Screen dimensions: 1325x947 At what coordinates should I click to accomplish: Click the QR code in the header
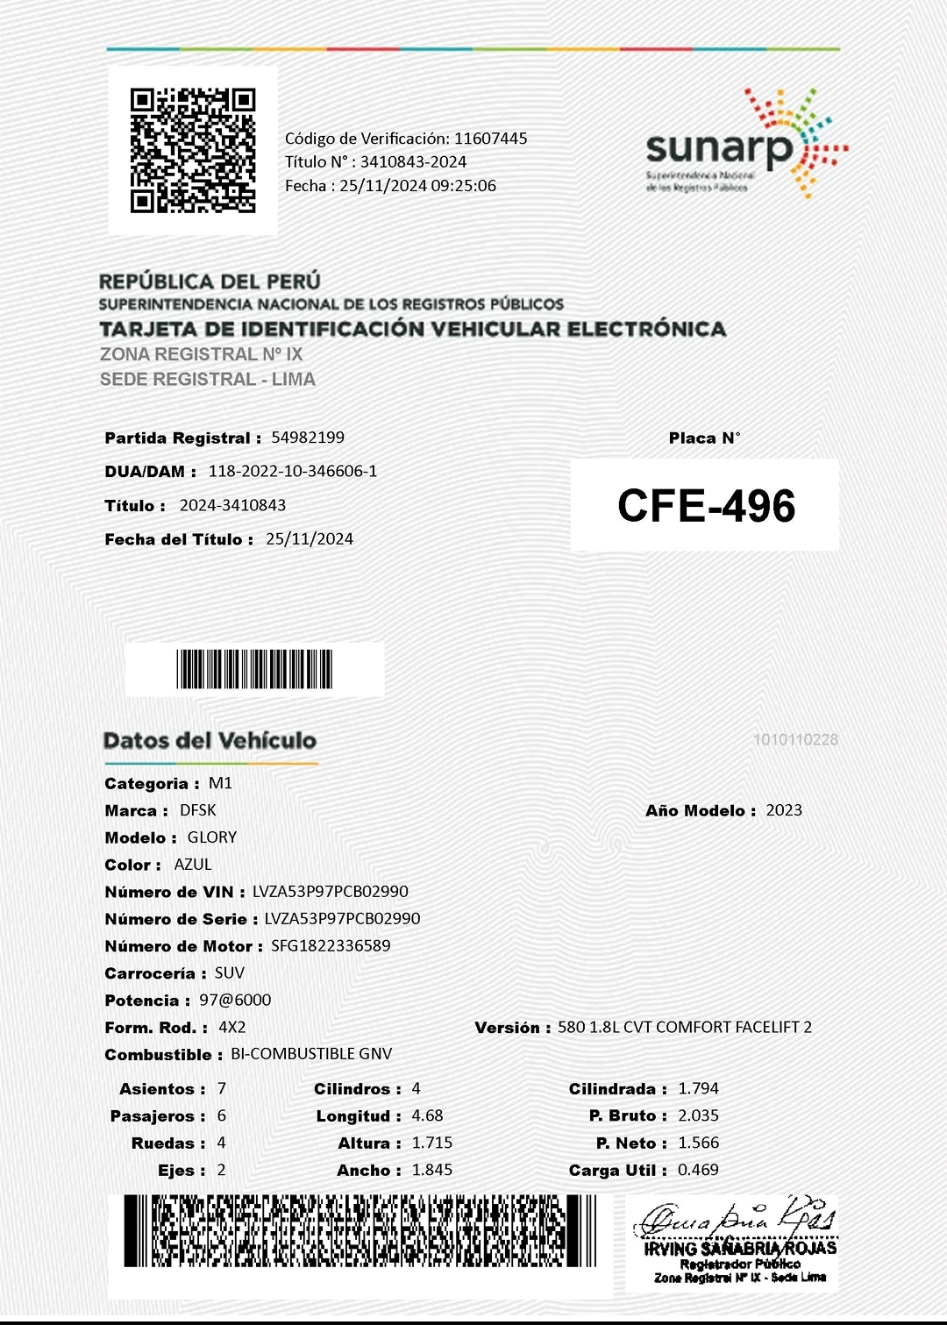coord(193,150)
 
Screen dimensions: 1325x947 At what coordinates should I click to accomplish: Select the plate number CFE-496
coord(706,506)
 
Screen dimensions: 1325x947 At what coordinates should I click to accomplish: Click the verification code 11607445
coord(490,139)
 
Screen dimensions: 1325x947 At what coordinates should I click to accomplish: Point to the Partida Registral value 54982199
coord(308,438)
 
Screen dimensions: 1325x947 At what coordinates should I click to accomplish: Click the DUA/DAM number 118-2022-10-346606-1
coord(292,471)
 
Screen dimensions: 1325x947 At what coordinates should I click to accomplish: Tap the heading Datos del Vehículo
coord(210,741)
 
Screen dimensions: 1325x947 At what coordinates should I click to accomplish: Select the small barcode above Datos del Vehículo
coord(254,669)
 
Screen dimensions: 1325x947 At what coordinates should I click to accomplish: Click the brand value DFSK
coord(197,810)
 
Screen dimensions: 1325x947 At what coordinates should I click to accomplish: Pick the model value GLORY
coord(212,837)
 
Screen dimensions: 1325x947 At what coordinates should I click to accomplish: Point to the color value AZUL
coord(193,865)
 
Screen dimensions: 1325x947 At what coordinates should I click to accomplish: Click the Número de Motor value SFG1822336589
coord(331,946)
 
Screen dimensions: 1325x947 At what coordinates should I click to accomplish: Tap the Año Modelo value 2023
coord(784,810)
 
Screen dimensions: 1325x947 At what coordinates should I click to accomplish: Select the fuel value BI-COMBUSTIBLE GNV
coord(311,1054)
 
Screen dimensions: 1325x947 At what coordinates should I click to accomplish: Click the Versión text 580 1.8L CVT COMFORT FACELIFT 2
coord(685,1027)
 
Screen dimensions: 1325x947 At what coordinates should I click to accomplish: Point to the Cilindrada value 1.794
coord(698,1088)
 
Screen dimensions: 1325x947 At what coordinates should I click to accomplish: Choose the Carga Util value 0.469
coord(698,1170)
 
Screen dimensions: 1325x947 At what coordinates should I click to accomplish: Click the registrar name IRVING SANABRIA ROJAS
coord(740,1249)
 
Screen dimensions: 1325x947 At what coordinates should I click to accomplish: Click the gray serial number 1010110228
coord(795,740)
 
